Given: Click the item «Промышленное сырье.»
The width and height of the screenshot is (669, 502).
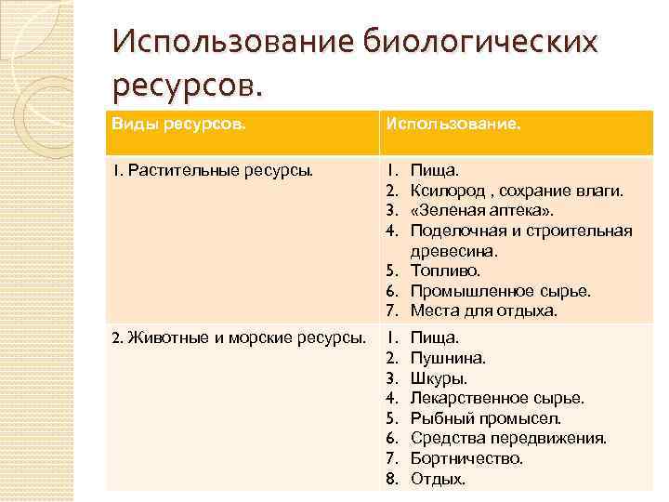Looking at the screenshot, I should (x=500, y=291).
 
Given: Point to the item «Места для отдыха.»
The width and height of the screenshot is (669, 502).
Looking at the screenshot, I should (x=483, y=310).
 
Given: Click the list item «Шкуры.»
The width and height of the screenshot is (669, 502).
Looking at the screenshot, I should (x=439, y=378).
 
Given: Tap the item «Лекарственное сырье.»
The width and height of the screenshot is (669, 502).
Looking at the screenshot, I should (x=497, y=398).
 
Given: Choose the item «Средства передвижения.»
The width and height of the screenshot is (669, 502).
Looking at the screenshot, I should (x=508, y=439).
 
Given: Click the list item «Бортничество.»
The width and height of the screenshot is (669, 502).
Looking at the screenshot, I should (x=466, y=458).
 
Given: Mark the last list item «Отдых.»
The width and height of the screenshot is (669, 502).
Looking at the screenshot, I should (x=438, y=479).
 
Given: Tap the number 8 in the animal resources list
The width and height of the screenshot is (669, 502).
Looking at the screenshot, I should (x=392, y=479).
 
